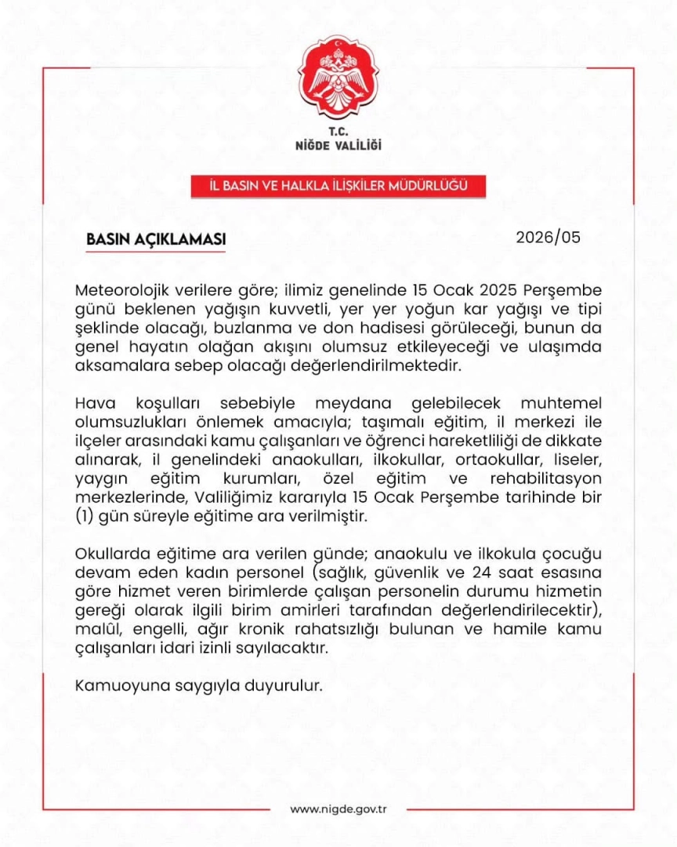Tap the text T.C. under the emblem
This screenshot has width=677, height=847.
[338, 131]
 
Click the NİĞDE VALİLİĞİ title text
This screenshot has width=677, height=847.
[338, 145]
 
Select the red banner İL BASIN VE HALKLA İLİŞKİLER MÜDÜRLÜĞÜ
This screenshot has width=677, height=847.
[338, 186]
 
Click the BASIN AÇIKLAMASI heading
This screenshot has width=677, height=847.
[156, 238]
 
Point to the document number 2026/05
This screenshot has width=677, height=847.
[548, 237]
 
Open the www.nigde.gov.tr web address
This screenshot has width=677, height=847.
[338, 809]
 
